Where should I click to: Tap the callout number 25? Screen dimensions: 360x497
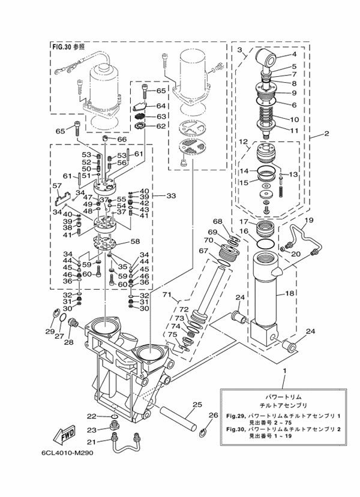coord(197,405)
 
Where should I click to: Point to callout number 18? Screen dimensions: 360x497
coord(290,294)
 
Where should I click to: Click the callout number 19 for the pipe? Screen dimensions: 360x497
coord(309,220)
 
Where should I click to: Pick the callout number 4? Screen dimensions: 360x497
coord(294,54)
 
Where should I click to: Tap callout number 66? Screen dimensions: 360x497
coord(122,139)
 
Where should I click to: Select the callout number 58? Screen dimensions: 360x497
coord(135,242)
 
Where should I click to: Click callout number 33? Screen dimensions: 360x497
coord(171,196)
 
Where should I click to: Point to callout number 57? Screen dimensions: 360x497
coord(58,185)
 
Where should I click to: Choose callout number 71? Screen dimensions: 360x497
coord(167,295)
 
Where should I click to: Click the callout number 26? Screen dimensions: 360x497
coord(214,415)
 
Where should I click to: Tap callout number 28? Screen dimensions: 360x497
coord(69,342)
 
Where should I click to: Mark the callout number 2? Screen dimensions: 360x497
coord(326,134)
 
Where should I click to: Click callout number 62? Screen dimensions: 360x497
coord(161,126)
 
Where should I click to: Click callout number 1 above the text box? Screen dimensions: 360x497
coord(284,371)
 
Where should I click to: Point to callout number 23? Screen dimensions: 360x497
coord(92,430)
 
